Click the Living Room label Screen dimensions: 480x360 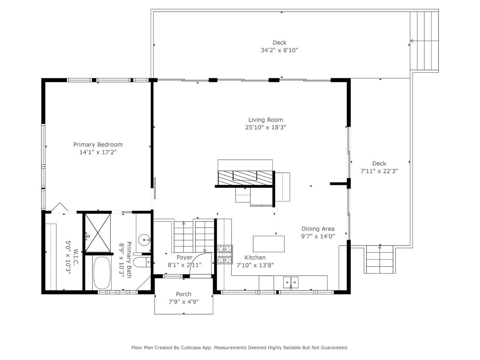point(265,120)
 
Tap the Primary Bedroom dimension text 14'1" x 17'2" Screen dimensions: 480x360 point(98,152)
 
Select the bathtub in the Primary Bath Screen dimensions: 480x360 point(102,273)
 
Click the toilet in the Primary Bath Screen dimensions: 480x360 point(142,262)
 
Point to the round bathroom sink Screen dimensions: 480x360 point(144,240)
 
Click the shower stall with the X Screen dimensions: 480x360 point(98,233)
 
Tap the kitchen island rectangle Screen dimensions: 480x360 point(268,244)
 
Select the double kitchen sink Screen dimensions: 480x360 point(291,283)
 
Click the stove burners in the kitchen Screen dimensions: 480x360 point(225,254)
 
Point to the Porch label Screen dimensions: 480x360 point(184,294)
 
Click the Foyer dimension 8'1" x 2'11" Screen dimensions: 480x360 point(184,265)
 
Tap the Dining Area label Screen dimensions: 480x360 point(318,229)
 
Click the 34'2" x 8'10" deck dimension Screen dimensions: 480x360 point(279,50)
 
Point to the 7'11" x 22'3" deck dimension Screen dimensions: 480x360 point(379,171)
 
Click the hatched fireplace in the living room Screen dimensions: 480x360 point(245,178)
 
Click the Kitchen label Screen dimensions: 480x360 point(255,257)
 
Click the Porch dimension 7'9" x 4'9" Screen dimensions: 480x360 point(184,302)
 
